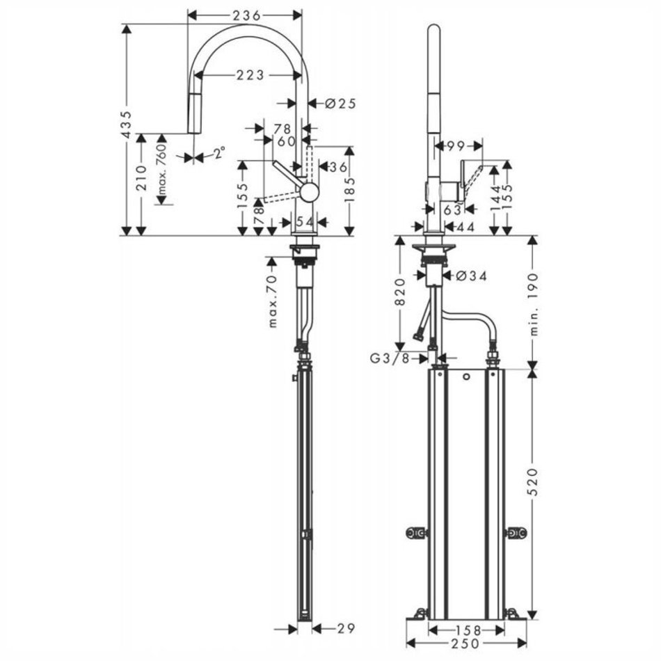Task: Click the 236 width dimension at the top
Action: click(x=246, y=15)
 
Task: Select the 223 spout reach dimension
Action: click(x=250, y=75)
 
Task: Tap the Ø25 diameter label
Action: click(x=341, y=103)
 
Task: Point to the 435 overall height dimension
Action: click(x=126, y=125)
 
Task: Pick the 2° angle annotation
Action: click(x=219, y=152)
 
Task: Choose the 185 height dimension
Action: click(x=350, y=190)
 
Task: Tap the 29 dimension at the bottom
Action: click(x=346, y=628)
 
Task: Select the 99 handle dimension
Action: click(x=456, y=146)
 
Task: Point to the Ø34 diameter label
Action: click(x=471, y=276)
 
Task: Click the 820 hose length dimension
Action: click(x=400, y=292)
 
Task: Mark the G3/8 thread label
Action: click(x=390, y=358)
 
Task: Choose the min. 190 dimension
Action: click(x=533, y=304)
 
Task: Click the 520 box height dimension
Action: click(x=533, y=482)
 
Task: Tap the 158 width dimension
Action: click(x=468, y=630)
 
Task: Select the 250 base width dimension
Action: click(x=465, y=644)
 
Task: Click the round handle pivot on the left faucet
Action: click(x=309, y=192)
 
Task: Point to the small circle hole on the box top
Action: click(x=466, y=376)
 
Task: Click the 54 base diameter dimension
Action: click(x=304, y=222)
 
